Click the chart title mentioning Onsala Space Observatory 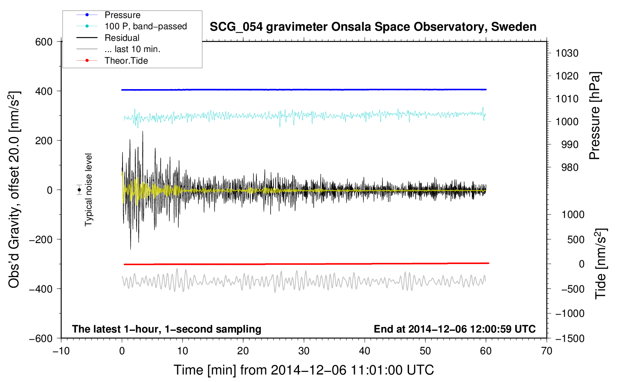373,27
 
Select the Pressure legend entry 122,15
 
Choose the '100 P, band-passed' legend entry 145,26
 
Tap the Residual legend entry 122,38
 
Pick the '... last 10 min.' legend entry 132,49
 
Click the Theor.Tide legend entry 126,61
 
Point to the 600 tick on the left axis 44,42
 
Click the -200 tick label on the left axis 41,239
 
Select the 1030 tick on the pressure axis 567,53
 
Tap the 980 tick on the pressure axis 570,167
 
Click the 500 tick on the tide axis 576,239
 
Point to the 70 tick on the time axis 547,351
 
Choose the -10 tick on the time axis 61,351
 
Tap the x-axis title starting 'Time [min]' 304,370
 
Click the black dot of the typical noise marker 79,190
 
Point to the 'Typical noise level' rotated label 88,190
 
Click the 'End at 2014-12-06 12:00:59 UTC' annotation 455,329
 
